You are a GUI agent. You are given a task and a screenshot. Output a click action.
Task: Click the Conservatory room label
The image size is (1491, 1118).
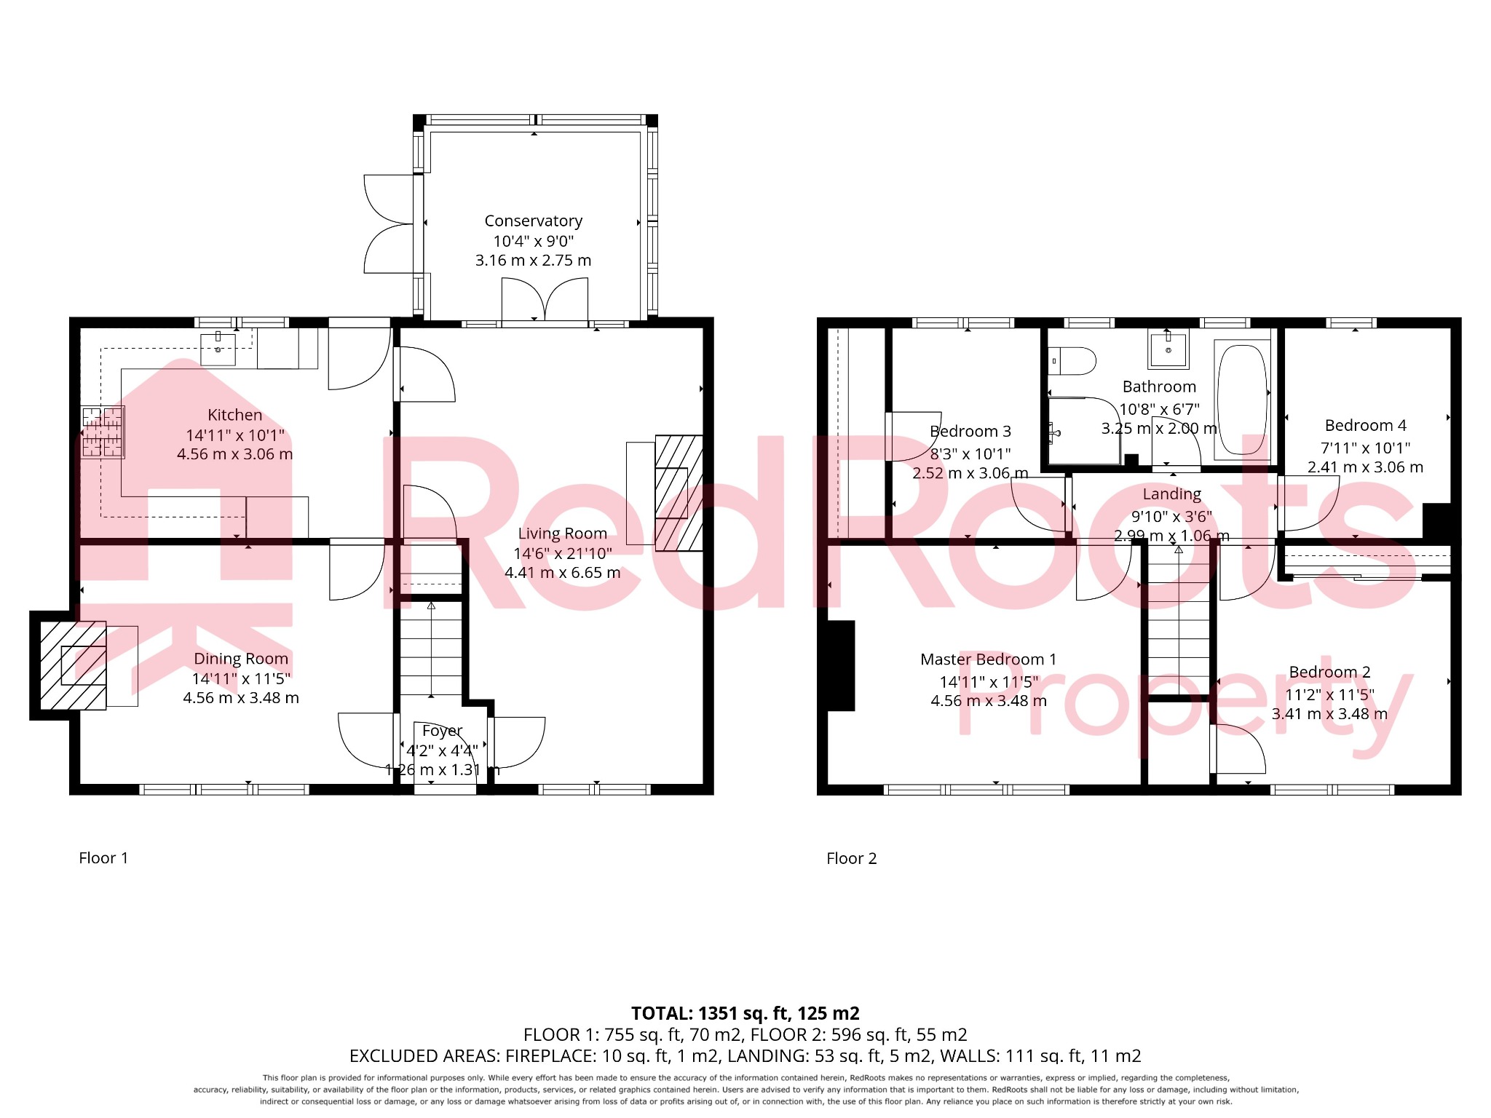(533, 221)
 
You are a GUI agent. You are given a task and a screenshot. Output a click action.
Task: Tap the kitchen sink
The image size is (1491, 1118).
(218, 349)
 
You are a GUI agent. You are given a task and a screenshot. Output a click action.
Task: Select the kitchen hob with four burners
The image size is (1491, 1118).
(103, 432)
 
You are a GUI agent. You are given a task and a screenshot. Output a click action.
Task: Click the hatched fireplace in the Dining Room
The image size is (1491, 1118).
(73, 665)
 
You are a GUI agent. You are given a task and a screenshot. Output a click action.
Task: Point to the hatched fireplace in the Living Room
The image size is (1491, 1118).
(679, 493)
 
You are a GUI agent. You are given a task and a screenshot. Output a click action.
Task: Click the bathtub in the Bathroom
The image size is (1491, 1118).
(1242, 399)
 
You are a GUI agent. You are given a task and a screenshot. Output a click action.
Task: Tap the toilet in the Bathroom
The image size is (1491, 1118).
(1073, 360)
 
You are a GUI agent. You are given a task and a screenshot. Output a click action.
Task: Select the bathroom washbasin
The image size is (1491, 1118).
(1168, 349)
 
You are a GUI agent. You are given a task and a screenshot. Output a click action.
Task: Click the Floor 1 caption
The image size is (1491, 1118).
(103, 858)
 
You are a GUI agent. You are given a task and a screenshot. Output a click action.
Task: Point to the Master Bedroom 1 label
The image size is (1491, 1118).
(988, 659)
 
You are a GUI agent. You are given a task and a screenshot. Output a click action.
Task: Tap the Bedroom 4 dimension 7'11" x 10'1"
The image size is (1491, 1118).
(1365, 448)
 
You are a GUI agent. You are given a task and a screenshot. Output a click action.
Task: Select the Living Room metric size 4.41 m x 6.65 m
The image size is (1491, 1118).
(563, 573)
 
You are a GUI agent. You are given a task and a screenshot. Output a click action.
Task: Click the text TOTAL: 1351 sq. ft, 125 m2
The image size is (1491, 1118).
(745, 1013)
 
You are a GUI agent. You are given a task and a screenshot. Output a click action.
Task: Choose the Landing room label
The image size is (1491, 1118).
(1171, 494)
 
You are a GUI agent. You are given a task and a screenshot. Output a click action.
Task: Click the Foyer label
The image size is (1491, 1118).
(442, 731)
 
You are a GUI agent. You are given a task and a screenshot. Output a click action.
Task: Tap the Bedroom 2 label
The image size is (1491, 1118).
(1329, 672)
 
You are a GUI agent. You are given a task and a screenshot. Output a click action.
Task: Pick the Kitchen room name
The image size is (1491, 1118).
(234, 415)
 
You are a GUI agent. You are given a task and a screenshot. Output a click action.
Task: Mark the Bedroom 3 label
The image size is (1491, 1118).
(970, 432)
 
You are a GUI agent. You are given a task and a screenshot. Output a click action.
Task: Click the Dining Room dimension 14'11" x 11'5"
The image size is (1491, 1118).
(241, 679)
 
